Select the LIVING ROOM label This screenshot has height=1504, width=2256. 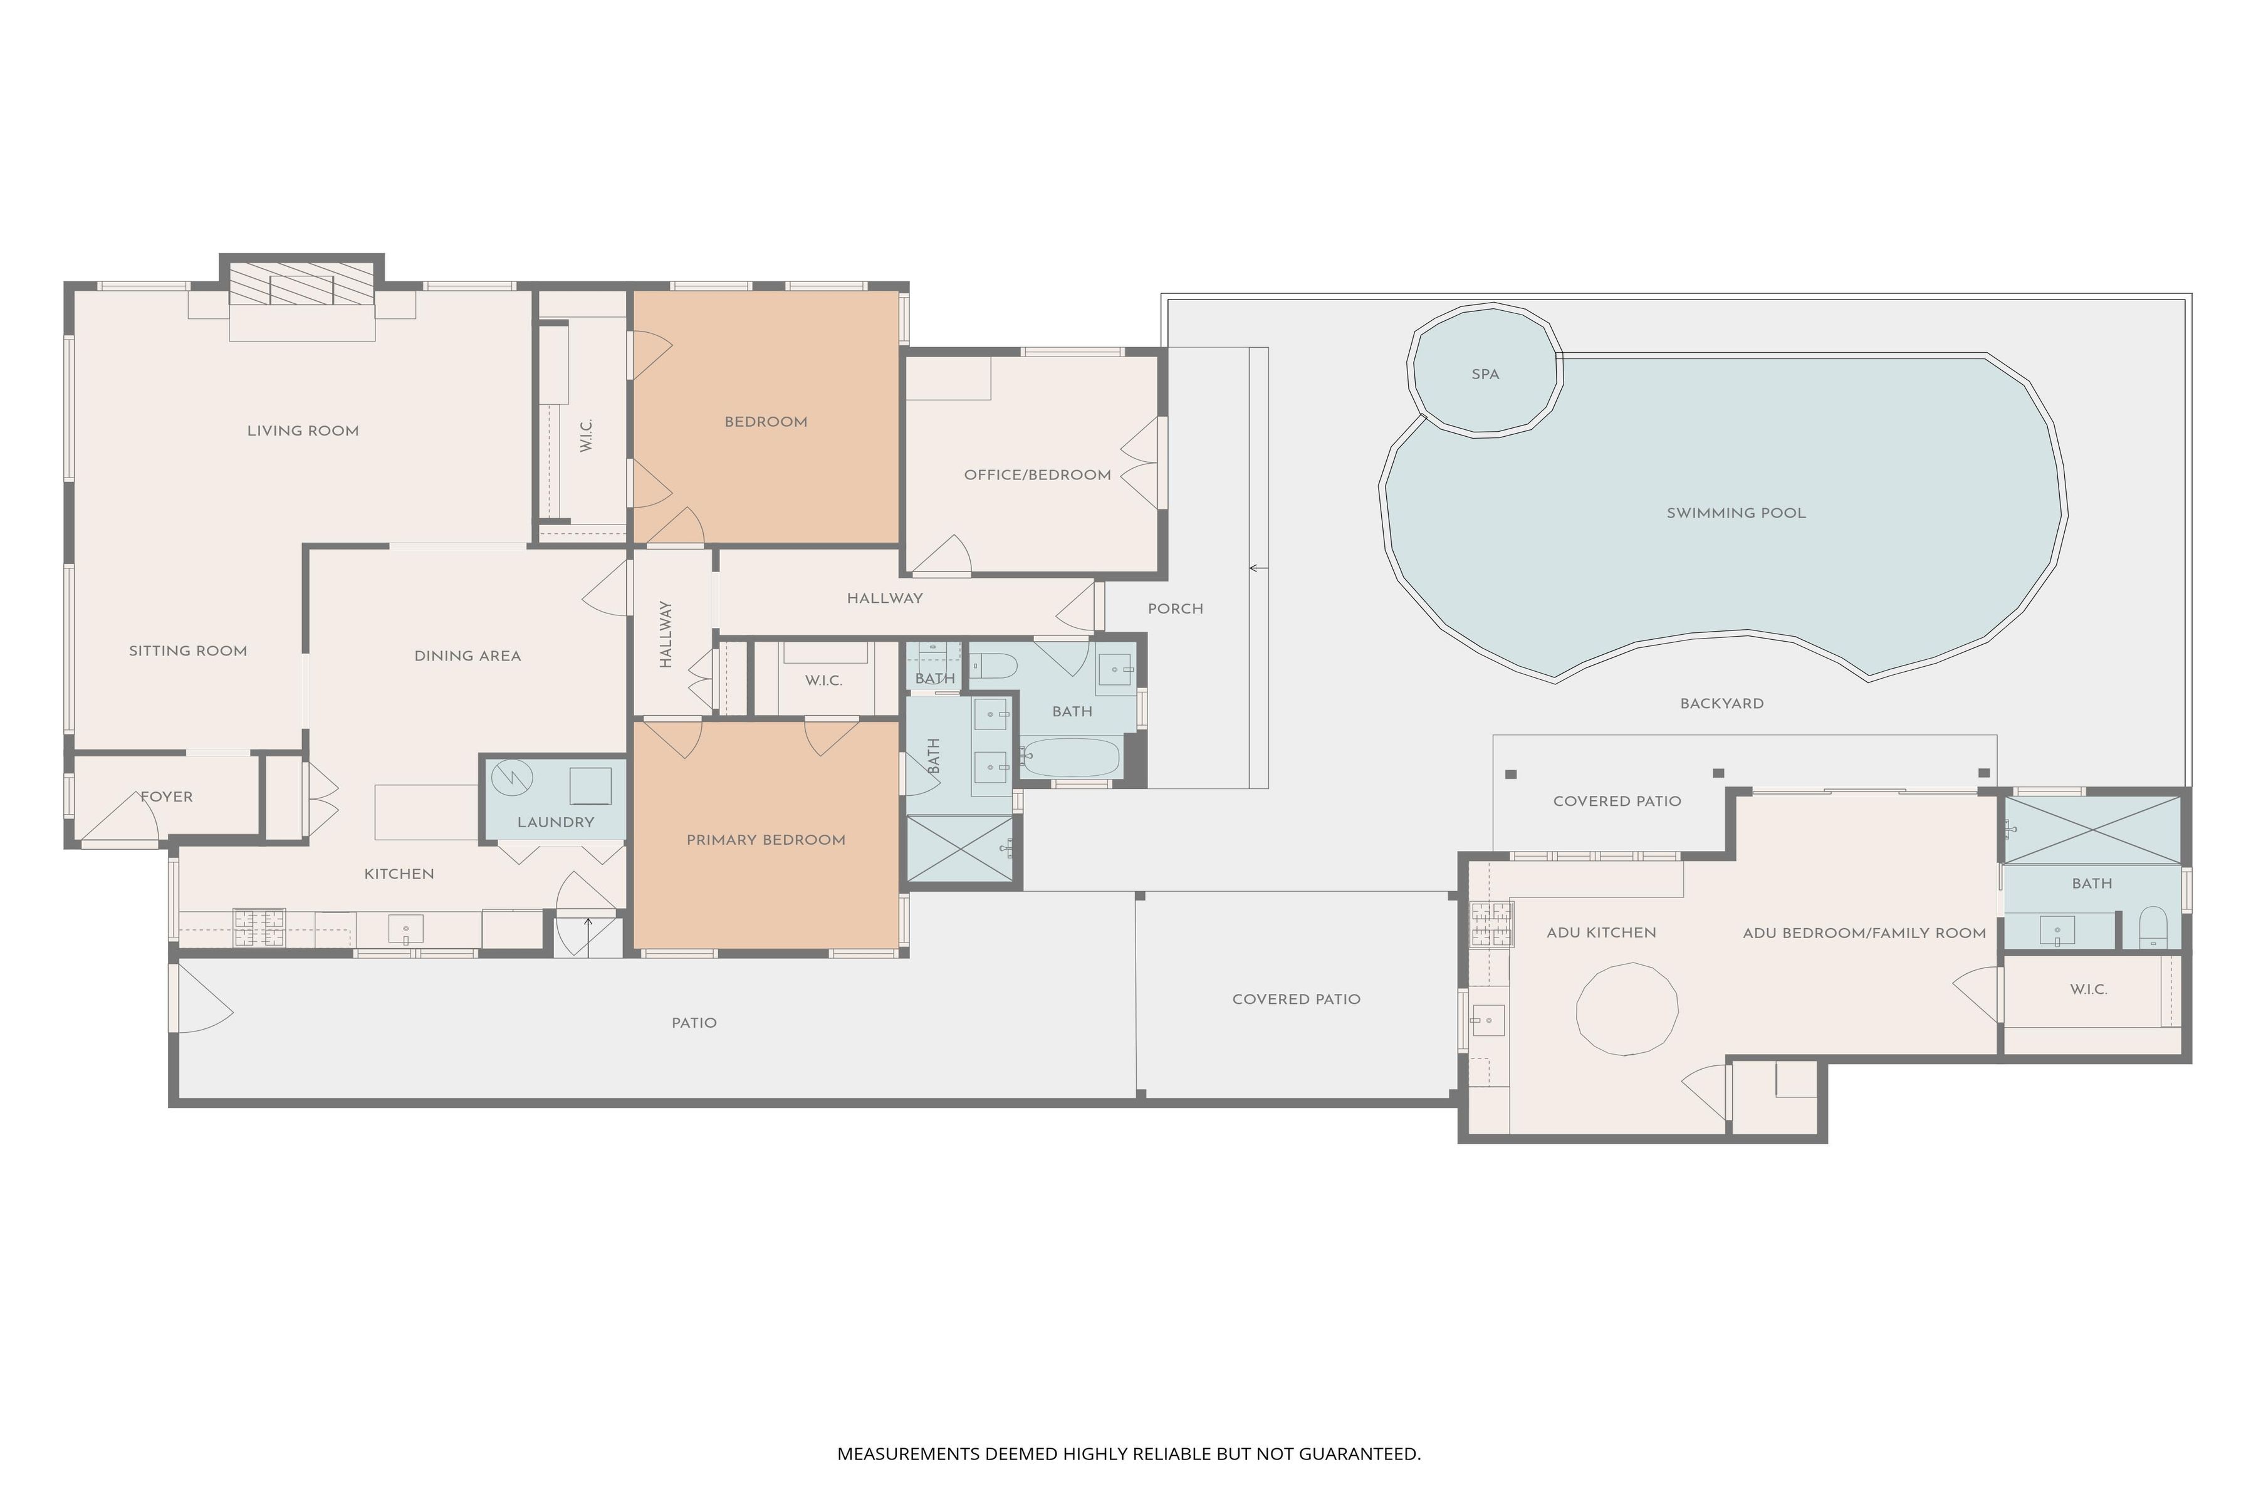(303, 431)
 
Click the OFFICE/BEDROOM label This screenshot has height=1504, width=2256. (1037, 475)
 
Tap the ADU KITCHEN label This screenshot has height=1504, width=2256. (1601, 932)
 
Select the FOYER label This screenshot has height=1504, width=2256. (167, 797)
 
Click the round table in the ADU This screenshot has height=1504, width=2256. (1627, 1010)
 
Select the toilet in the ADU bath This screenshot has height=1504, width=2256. (2153, 927)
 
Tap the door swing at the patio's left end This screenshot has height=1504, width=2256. (202, 998)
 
